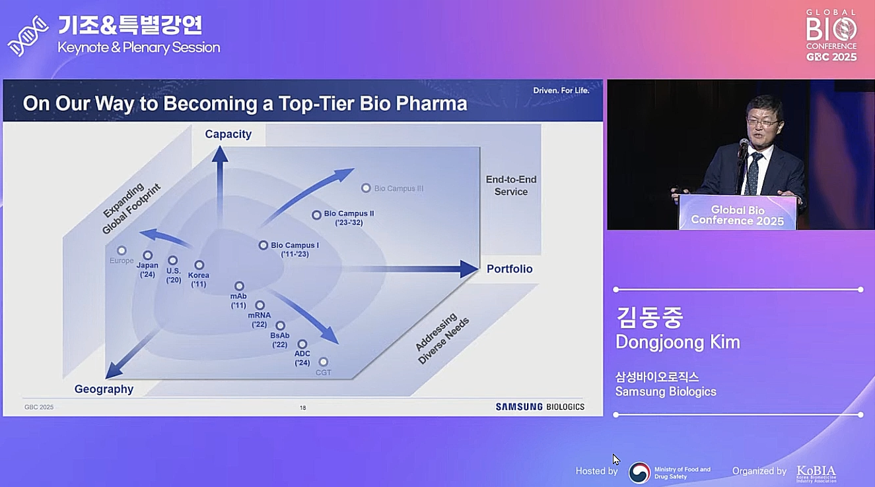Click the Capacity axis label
click(228, 134)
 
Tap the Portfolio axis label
click(509, 269)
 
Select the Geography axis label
click(104, 389)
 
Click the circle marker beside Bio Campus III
click(366, 188)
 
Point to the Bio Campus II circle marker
click(316, 214)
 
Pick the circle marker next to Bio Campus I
click(263, 245)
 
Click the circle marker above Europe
click(122, 250)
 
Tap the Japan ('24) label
click(147, 270)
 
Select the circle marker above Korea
click(199, 265)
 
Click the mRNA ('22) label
click(259, 319)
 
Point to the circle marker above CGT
click(324, 362)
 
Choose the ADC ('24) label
click(302, 358)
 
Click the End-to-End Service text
click(511, 185)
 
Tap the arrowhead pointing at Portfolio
click(469, 269)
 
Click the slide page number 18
click(302, 408)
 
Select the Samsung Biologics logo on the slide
click(540, 406)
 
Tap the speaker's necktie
click(753, 174)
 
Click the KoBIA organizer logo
click(816, 473)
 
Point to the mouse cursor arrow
click(616, 459)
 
